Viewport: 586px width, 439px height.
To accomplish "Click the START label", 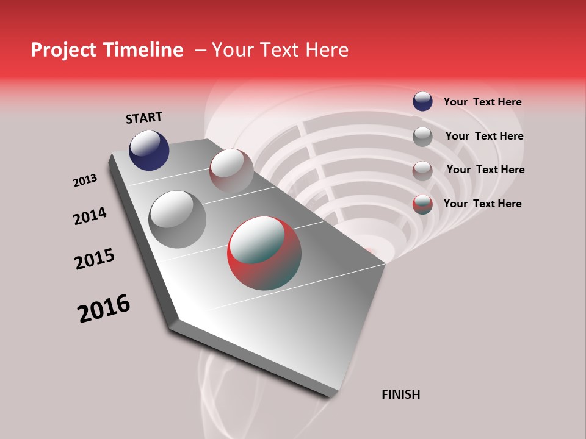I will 144,118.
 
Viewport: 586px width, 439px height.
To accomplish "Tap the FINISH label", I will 400,394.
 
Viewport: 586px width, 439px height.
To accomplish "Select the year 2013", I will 85,180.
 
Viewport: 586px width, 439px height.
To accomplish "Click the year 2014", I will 90,216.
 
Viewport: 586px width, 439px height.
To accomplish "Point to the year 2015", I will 95,259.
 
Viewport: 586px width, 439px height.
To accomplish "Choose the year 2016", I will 104,308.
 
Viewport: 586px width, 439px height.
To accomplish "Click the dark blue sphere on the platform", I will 149,150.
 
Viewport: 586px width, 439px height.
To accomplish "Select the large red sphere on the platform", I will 264,252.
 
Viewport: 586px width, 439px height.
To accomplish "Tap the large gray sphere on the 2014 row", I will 177,219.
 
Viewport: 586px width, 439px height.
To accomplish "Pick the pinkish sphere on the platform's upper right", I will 231,170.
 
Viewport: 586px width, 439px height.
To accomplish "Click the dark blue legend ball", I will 422,101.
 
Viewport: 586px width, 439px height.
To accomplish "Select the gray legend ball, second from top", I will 422,136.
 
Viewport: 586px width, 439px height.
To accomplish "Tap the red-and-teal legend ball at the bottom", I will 422,204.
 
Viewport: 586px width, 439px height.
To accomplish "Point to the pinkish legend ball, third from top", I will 422,170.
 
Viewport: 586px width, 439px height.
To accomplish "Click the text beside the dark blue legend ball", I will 482,102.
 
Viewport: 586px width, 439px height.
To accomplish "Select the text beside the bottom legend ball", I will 482,204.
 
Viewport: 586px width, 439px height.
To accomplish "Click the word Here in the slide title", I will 327,50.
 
